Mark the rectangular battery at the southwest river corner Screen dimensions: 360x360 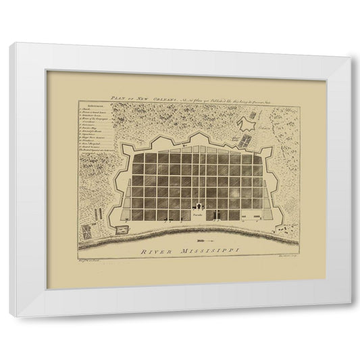pyautogui.click(x=122, y=230)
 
